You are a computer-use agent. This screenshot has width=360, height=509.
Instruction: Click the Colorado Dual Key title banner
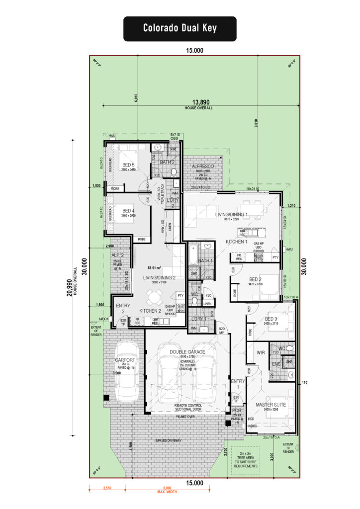tap(180, 28)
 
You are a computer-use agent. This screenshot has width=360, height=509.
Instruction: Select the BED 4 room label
tap(128, 211)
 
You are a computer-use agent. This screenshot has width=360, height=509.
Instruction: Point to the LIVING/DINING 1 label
tap(231, 214)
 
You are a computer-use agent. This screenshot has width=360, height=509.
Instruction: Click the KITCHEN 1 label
tap(237, 241)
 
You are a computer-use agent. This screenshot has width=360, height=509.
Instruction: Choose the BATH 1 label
tap(205, 261)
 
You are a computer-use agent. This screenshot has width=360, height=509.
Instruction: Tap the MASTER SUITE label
tap(271, 405)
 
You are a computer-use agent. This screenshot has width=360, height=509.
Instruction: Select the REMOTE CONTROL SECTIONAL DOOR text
tap(187, 408)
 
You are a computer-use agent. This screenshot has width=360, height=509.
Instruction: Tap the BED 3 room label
tap(271, 319)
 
